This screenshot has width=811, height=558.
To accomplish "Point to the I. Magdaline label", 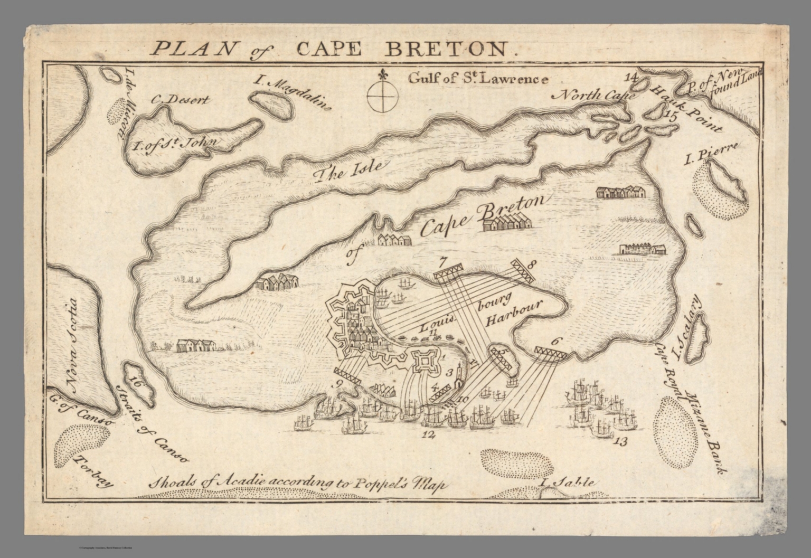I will pos(292,93).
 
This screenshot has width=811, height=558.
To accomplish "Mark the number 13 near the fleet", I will pos(621,441).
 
